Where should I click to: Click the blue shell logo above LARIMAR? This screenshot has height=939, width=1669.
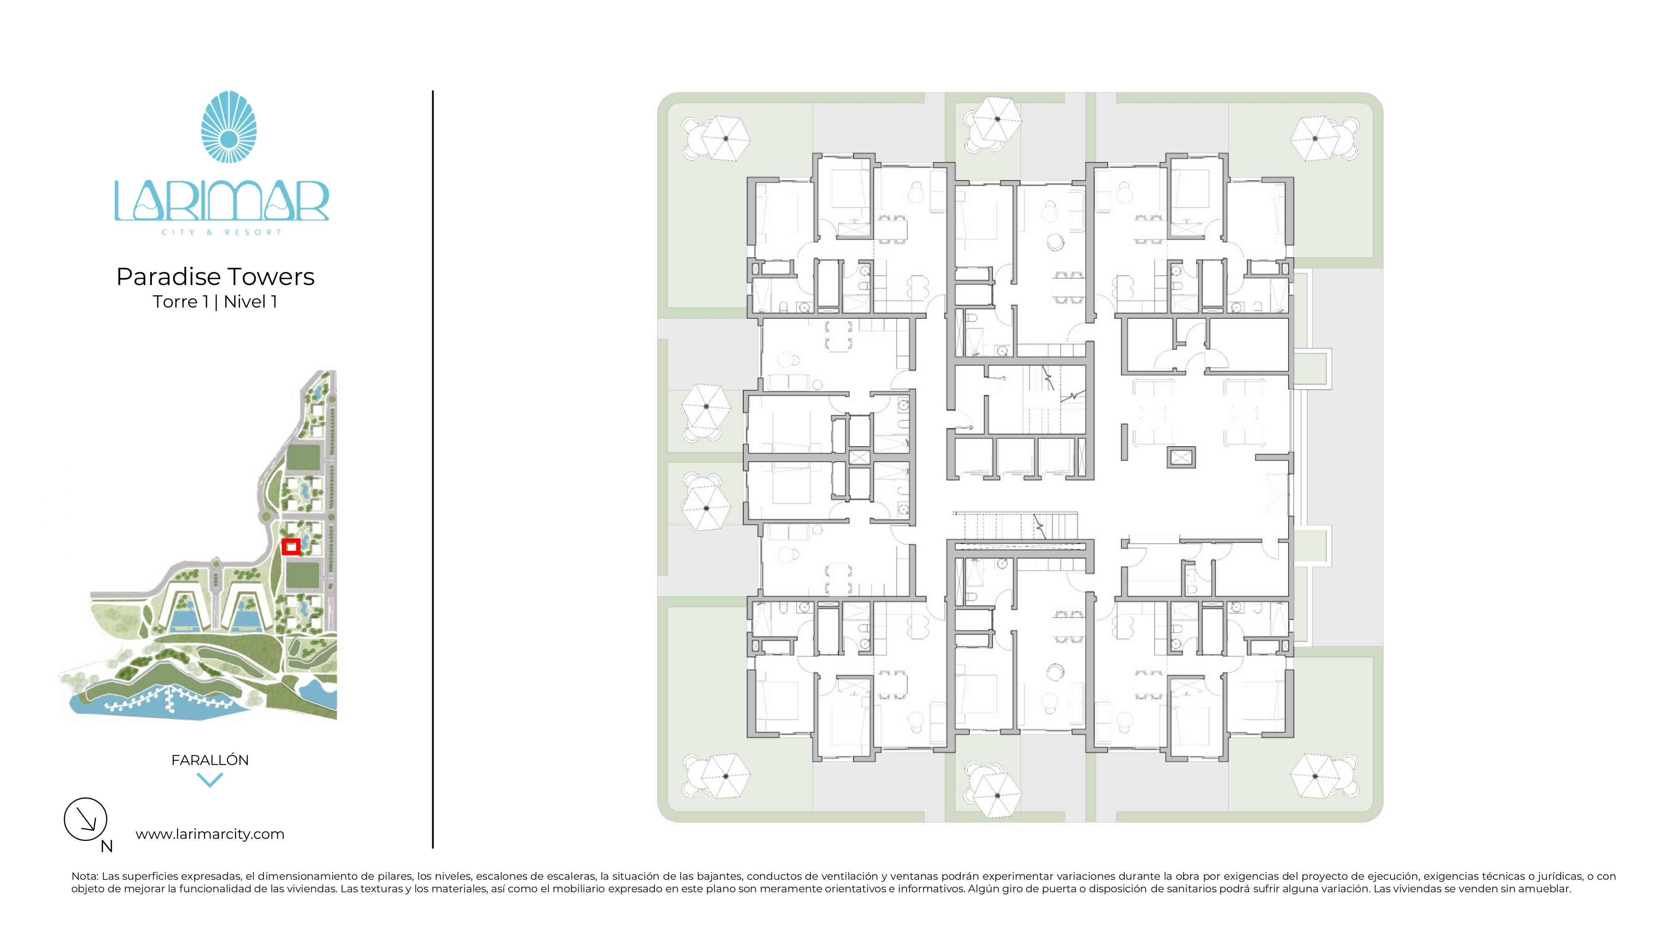click(229, 127)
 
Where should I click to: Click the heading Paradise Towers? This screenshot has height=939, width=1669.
click(215, 277)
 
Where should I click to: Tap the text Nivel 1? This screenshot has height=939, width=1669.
click(251, 302)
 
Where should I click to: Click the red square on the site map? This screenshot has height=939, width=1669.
click(291, 547)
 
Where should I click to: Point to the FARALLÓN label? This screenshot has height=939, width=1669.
click(209, 760)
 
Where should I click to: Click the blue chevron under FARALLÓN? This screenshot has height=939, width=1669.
click(209, 780)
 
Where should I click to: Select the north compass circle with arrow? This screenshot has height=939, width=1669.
click(86, 819)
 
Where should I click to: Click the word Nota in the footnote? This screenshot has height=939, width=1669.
click(84, 876)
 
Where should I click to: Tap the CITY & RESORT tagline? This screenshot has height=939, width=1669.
click(222, 232)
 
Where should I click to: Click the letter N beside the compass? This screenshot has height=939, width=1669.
click(107, 846)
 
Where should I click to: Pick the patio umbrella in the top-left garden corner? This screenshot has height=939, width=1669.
click(726, 138)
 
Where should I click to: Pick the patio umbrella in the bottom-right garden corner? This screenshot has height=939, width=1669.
click(1315, 776)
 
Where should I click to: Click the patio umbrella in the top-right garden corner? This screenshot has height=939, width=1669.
click(1315, 138)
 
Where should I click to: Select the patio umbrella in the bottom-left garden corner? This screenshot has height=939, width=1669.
click(726, 776)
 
